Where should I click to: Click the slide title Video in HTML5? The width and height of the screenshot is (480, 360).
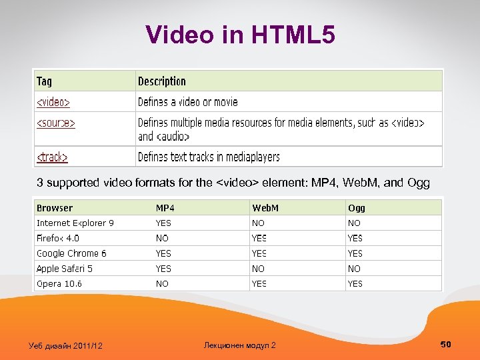[x=240, y=35]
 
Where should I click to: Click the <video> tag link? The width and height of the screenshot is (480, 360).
[x=53, y=102]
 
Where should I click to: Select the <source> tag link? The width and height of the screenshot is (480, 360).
[x=56, y=123]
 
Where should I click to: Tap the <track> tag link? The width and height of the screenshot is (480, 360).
[x=53, y=157]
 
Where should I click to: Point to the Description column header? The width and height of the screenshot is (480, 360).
[x=162, y=81]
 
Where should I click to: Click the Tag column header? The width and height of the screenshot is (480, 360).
[x=44, y=81]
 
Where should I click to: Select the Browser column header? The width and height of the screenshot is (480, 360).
[x=55, y=208]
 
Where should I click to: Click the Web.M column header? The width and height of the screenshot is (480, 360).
[x=265, y=208]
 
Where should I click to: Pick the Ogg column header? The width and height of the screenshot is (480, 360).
[x=357, y=208]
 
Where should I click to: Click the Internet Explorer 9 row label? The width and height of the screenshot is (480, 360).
[x=75, y=223]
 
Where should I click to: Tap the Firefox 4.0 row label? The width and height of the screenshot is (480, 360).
[x=58, y=238]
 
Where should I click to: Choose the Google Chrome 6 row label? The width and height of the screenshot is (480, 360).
[x=71, y=253]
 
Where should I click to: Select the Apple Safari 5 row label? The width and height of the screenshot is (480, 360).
[x=65, y=269]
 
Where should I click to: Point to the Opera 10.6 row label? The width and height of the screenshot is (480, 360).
[x=59, y=283]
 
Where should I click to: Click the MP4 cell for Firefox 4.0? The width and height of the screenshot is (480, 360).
[x=162, y=238]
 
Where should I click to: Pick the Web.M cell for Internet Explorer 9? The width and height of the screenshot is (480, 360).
[x=258, y=223]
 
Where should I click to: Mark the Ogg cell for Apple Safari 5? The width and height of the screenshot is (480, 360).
[x=354, y=269]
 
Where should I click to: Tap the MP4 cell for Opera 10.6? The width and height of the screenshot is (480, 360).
[x=162, y=283]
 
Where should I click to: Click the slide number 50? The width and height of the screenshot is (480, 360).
[x=446, y=344]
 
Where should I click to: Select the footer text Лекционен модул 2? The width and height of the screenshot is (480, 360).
[x=239, y=345]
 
